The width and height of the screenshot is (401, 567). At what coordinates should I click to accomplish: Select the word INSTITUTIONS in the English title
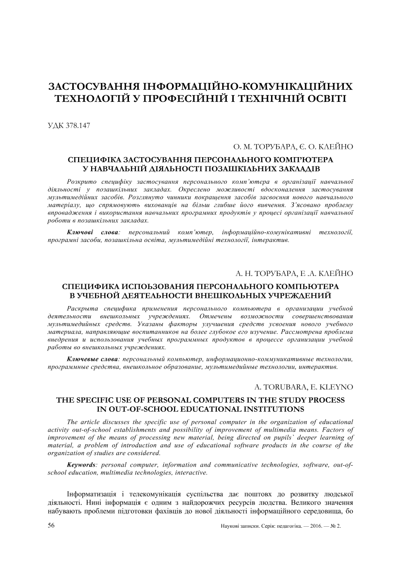tap(266, 409)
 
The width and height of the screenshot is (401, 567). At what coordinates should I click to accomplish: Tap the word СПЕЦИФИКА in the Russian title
tap(91, 286)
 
